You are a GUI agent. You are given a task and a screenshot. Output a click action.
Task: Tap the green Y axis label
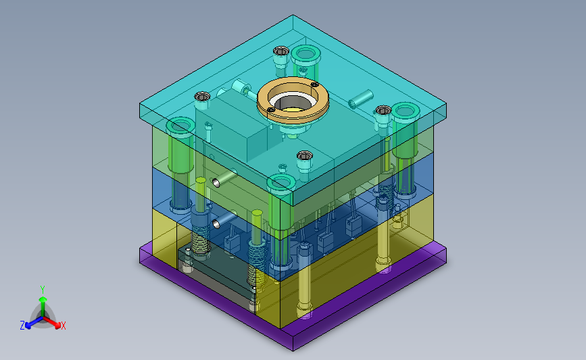[43, 290]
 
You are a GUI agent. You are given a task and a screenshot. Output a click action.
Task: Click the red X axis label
[63, 326]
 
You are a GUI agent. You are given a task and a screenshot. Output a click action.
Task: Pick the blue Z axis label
[22, 326]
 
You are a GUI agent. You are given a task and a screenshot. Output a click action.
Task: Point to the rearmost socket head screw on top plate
[280, 51]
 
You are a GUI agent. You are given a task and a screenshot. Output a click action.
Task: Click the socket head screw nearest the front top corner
[305, 156]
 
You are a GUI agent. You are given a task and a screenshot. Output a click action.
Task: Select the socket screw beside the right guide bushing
[383, 111]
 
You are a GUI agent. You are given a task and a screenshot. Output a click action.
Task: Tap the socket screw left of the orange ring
[202, 97]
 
